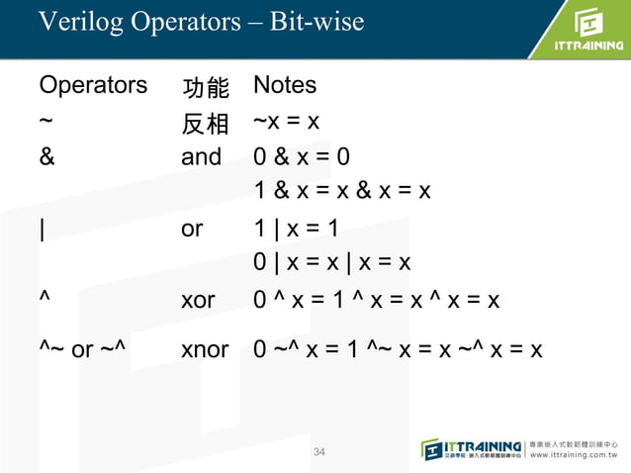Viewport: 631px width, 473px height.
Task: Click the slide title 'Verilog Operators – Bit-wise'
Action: [x=201, y=21]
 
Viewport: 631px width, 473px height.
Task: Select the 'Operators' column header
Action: [x=93, y=86]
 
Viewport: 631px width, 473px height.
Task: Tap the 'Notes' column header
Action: [x=285, y=86]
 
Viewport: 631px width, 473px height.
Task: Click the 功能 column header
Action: [x=206, y=88]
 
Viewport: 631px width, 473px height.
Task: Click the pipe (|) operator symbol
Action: [x=43, y=229]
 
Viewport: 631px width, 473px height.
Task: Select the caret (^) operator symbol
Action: [x=45, y=299]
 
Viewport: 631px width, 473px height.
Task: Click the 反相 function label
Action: [x=206, y=124]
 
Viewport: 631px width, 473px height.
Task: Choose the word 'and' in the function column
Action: [x=202, y=156]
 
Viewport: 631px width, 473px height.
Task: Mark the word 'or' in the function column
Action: [x=192, y=229]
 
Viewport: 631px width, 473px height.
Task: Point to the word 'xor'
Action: [x=198, y=300]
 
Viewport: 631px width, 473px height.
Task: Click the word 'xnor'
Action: [x=205, y=349]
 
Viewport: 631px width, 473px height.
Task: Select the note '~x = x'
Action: [x=286, y=122]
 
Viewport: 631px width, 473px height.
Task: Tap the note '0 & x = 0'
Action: [x=302, y=156]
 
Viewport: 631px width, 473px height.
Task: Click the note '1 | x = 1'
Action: [x=296, y=229]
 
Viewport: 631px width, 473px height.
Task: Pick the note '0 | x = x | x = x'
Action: [x=331, y=263]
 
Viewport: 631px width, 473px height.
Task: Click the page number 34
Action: [x=318, y=452]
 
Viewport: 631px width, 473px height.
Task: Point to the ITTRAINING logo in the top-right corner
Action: [x=583, y=32]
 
